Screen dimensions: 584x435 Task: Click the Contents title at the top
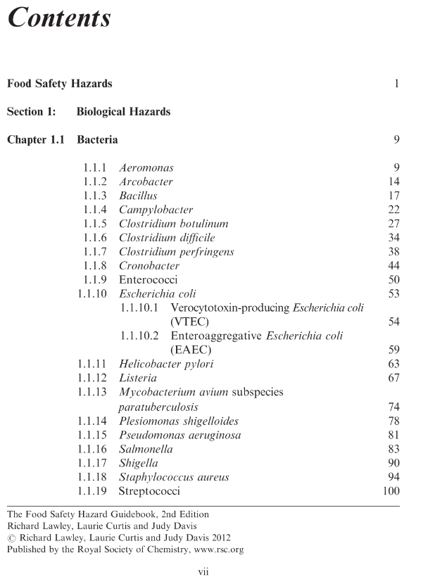point(59,18)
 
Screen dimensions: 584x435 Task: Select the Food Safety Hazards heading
point(59,84)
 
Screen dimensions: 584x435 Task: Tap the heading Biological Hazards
point(123,111)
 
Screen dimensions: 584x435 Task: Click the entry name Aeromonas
point(146,168)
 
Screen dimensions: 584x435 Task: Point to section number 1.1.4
point(95,210)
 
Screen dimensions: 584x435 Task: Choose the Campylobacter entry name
point(156,210)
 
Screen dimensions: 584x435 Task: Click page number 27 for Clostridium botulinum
point(393,224)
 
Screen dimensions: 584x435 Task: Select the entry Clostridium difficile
point(167,238)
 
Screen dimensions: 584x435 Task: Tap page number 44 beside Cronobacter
point(393,266)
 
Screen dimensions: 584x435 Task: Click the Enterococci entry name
point(148,280)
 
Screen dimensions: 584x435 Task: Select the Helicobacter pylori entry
point(166,364)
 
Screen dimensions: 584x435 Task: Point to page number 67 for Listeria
point(393,379)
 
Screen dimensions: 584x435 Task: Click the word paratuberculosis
point(158,407)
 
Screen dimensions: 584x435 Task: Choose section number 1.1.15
point(92,435)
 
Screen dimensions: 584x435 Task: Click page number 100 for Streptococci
point(391,491)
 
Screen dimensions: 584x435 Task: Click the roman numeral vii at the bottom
point(203,572)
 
